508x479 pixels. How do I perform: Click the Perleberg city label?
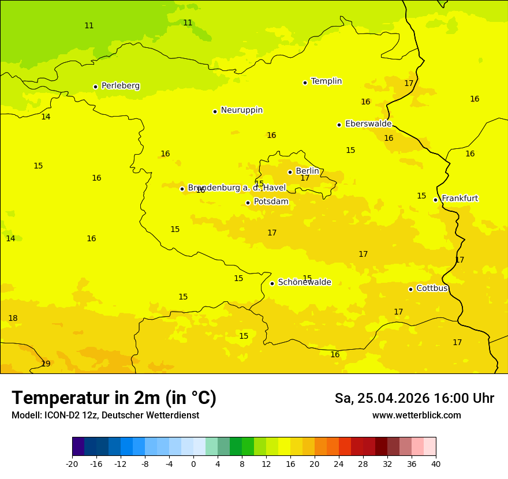coord(120,86)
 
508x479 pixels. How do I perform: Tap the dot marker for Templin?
coord(305,83)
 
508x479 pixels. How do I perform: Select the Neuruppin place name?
coord(241,110)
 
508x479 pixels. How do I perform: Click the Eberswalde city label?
coord(368,124)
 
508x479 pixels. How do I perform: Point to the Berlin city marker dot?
coord(290,172)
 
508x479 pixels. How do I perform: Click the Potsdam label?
coord(271,202)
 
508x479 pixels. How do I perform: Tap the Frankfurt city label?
coord(460,199)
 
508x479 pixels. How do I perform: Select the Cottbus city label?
coord(432,288)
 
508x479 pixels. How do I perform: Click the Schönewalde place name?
coord(304,282)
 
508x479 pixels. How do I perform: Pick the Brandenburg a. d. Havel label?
coord(237,188)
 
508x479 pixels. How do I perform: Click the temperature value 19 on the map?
coord(46,364)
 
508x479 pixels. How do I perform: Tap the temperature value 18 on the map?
coord(13,318)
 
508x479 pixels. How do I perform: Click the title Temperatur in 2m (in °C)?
coord(114,398)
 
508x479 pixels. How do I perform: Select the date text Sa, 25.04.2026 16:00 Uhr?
coord(414,398)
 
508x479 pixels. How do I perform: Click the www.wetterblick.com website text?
coord(416,416)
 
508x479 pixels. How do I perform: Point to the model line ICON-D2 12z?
coord(105,416)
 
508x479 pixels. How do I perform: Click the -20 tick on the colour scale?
coord(72,463)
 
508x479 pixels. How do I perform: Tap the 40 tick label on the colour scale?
coord(436,463)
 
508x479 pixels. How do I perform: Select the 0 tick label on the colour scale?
coord(193,463)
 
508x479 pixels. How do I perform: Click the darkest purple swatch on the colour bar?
coord(78,447)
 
